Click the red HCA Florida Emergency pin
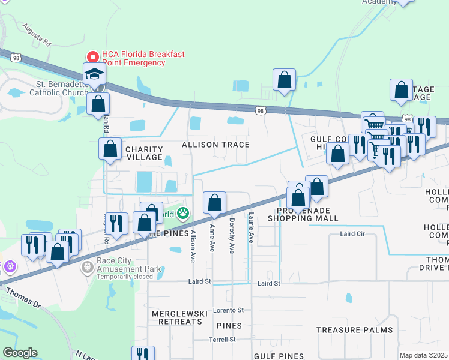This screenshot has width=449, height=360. [x=93, y=56]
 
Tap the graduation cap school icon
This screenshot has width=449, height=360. [x=94, y=74]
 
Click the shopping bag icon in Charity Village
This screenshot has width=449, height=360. [x=110, y=149]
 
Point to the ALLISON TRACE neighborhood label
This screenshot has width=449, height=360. [x=215, y=145]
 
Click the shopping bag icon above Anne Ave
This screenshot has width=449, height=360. [x=214, y=204]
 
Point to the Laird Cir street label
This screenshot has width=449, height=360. [x=353, y=233]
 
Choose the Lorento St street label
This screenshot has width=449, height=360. [x=231, y=310]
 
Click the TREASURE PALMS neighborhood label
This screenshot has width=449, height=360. [x=354, y=330]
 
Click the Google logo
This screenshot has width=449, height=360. [x=20, y=353]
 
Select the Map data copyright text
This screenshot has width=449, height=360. [x=423, y=355]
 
